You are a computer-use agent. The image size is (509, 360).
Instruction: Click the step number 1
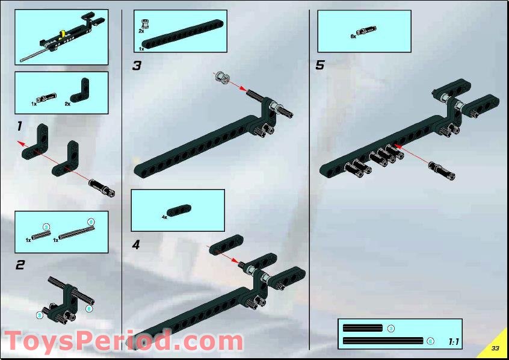click(x=19, y=126)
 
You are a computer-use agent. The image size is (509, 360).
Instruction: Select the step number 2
click(x=20, y=264)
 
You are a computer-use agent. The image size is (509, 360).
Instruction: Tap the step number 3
click(x=137, y=66)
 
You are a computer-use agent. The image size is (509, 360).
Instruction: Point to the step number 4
click(x=136, y=245)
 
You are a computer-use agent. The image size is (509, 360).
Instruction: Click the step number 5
click(x=320, y=66)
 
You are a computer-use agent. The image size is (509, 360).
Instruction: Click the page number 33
click(x=495, y=349)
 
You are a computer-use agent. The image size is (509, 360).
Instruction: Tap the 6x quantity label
click(x=353, y=36)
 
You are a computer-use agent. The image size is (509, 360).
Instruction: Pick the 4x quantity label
click(x=164, y=216)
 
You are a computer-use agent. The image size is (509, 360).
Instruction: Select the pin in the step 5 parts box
click(x=366, y=31)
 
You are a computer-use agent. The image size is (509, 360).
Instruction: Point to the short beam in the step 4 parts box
click(x=179, y=210)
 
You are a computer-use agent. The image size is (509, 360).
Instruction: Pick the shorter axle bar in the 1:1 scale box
click(x=362, y=328)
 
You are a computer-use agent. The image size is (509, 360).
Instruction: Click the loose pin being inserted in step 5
click(x=442, y=170)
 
